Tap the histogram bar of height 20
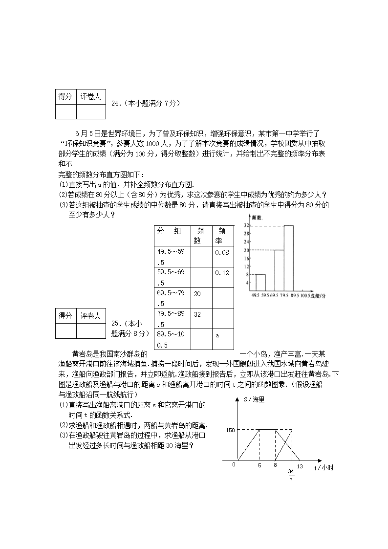[x=279, y=270]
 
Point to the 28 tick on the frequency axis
[x=247, y=234]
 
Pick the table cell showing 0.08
[x=222, y=253]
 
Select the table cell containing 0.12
[x=222, y=273]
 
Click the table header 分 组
[x=169, y=231]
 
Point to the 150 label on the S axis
[x=231, y=430]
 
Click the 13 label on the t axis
[x=300, y=466]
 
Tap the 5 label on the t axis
[x=259, y=466]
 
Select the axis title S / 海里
[x=254, y=399]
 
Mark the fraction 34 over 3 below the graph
[x=291, y=475]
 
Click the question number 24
[x=116, y=103]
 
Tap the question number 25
[x=116, y=323]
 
